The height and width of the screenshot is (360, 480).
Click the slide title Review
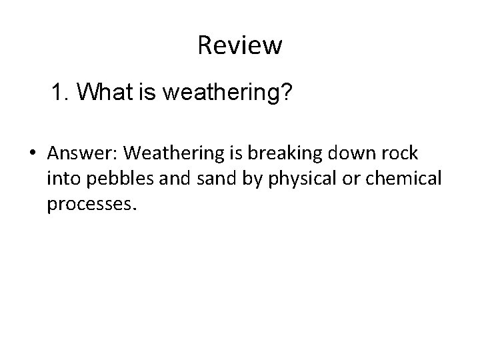[240, 46]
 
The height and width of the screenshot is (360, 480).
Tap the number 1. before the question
[61, 93]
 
